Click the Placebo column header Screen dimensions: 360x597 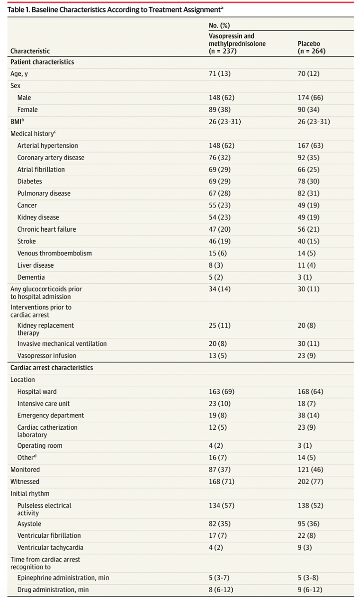click(x=311, y=47)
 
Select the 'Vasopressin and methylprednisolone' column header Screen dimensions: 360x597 click(x=237, y=44)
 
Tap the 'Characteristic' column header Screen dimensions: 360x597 click(x=30, y=51)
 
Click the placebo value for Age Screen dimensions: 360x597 click(x=308, y=73)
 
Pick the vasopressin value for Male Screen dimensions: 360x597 click(x=221, y=98)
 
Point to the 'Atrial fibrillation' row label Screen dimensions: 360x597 click(x=41, y=170)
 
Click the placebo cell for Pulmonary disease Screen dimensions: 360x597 click(x=308, y=193)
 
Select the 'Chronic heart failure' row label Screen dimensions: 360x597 click(x=46, y=229)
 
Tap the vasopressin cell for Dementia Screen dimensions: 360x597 click(x=216, y=277)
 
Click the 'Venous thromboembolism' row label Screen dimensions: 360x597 click(x=54, y=253)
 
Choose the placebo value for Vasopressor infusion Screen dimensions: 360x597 click(x=306, y=355)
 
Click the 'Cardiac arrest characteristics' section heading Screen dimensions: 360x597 click(x=52, y=368)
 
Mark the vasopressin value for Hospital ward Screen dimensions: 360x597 click(x=221, y=391)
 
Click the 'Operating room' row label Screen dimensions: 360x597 click(x=40, y=445)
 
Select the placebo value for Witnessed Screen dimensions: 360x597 click(x=310, y=481)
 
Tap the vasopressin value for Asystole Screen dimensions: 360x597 click(x=220, y=524)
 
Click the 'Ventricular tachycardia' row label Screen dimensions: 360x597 click(x=50, y=547)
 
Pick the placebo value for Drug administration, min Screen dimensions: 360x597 click(x=310, y=589)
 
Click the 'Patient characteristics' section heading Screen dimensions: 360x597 click(x=42, y=62)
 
